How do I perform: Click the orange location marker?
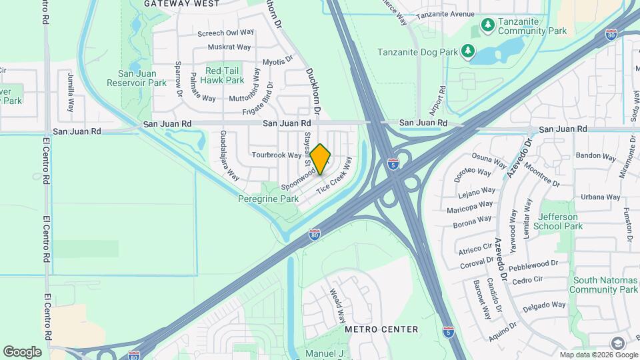[x=321, y=159]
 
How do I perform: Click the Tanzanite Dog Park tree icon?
[x=468, y=51]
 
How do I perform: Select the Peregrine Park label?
[x=268, y=199]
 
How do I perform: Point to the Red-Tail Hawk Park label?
[x=225, y=75]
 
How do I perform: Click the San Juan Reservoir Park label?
[x=137, y=78]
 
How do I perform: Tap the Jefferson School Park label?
[x=560, y=221]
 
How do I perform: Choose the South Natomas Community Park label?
[x=605, y=285]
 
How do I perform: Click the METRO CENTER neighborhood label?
[x=381, y=329]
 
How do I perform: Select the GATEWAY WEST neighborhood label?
[x=181, y=3]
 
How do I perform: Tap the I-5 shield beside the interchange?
[x=394, y=163]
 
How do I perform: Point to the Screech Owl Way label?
[x=226, y=32]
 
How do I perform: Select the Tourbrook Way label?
[x=277, y=155]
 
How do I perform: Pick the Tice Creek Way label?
[x=333, y=181]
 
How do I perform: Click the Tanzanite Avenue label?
[x=445, y=14]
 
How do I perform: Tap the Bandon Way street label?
[x=589, y=155]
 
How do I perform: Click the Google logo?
[x=22, y=351]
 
